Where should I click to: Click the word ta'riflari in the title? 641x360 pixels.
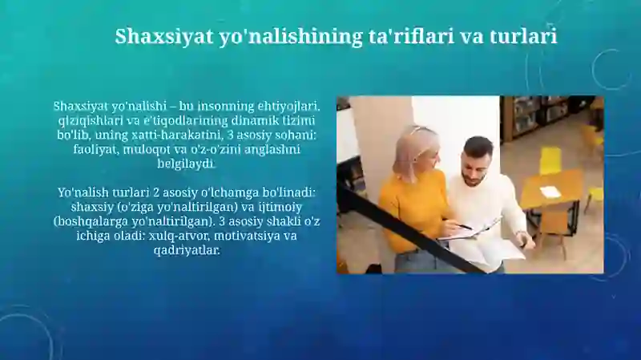[409, 36]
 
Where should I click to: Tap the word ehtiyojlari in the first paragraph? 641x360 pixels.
[288, 107]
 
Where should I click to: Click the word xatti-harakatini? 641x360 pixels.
[178, 135]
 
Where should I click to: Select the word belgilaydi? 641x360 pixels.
[187, 164]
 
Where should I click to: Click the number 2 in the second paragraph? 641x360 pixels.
[155, 192]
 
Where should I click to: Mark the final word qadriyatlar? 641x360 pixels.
[187, 250]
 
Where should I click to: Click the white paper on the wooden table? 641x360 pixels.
[549, 191]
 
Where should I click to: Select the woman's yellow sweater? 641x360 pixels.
[413, 208]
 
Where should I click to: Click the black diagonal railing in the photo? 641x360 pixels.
[409, 229]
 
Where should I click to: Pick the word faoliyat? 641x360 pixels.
[95, 149]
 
